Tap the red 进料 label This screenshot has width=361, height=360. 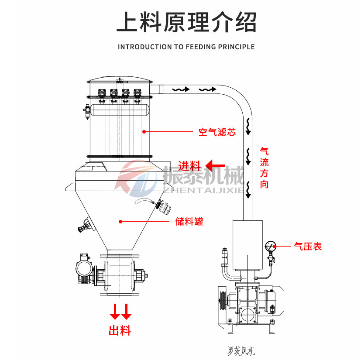[190, 166]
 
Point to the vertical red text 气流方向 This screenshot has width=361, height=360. [264, 168]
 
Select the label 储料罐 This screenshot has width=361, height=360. [189, 222]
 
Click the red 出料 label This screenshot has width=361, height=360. [120, 331]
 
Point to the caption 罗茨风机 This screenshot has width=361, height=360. [241, 350]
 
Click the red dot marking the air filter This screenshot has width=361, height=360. [144, 131]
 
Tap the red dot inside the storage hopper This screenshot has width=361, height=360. [120, 221]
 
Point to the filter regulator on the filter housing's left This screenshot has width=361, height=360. [86, 110]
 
